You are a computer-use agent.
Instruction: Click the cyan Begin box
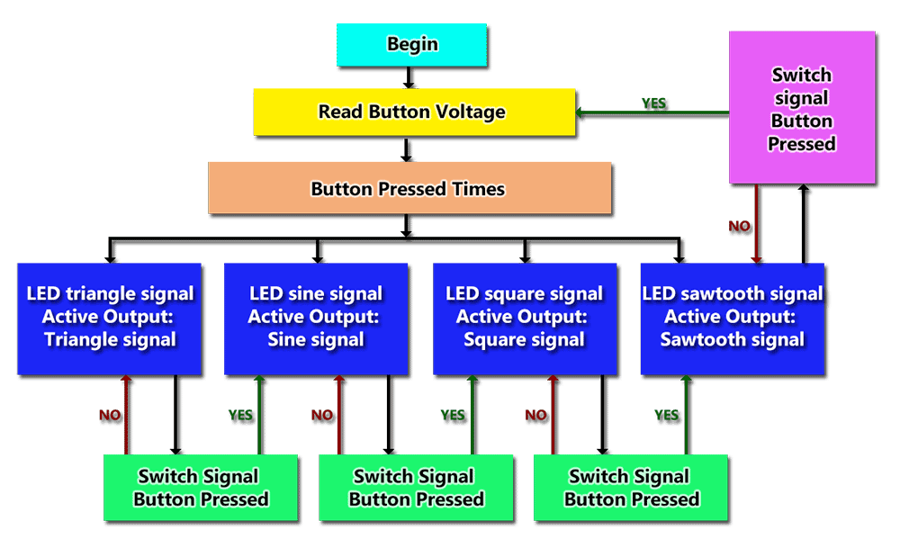411,45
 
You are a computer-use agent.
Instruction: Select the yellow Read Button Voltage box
414,112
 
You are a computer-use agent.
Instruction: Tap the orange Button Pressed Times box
409,188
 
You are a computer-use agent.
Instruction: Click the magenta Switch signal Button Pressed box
802,107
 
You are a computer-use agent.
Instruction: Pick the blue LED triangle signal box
109,319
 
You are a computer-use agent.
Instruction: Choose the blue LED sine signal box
316,319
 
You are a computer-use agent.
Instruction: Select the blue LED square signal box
525,319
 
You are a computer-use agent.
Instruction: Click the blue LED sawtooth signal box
733,319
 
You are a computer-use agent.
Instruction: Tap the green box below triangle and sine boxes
201,488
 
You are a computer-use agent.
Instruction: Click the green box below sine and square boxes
416,488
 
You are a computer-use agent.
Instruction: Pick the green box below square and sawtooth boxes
631,488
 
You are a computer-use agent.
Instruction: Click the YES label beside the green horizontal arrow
653,103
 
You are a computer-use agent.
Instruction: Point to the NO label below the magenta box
739,226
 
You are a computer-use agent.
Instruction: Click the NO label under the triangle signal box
110,415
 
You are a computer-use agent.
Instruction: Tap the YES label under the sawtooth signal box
666,415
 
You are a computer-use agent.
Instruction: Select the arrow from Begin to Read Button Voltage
408,77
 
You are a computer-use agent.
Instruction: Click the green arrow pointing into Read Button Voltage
652,112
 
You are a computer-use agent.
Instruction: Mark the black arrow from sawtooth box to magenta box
804,223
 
